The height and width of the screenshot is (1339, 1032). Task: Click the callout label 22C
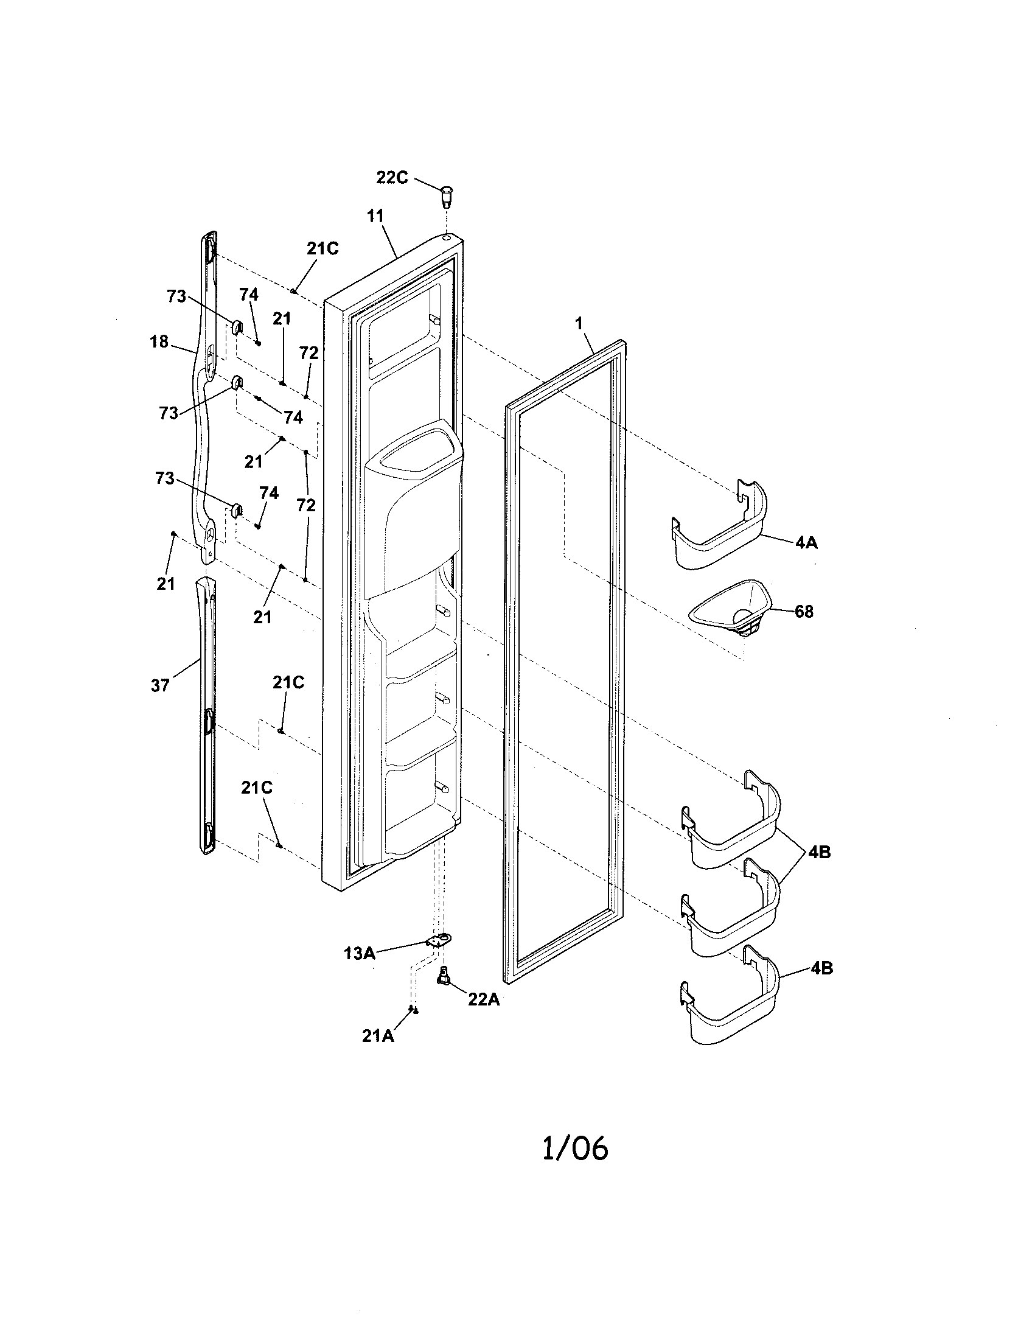(x=392, y=177)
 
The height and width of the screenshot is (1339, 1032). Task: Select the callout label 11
(x=375, y=215)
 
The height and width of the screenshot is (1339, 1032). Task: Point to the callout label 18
(x=159, y=341)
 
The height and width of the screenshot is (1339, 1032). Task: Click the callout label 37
(x=160, y=685)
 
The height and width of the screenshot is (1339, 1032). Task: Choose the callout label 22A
(x=484, y=1000)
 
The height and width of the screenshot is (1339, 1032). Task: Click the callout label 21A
(x=377, y=1035)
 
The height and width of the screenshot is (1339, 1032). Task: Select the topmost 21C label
(x=322, y=248)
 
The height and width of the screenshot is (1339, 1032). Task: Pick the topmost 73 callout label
(x=176, y=296)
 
